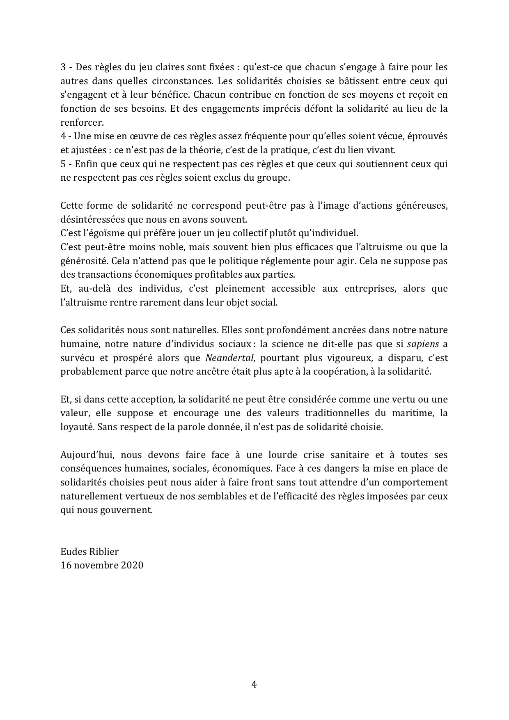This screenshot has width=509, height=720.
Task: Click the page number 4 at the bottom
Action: tap(254, 684)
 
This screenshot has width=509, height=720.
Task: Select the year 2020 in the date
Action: tap(132, 565)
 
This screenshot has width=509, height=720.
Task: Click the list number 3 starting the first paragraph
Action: tap(63, 67)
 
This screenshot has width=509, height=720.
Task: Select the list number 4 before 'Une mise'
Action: tap(63, 136)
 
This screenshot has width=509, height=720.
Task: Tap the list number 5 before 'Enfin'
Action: tap(63, 164)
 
